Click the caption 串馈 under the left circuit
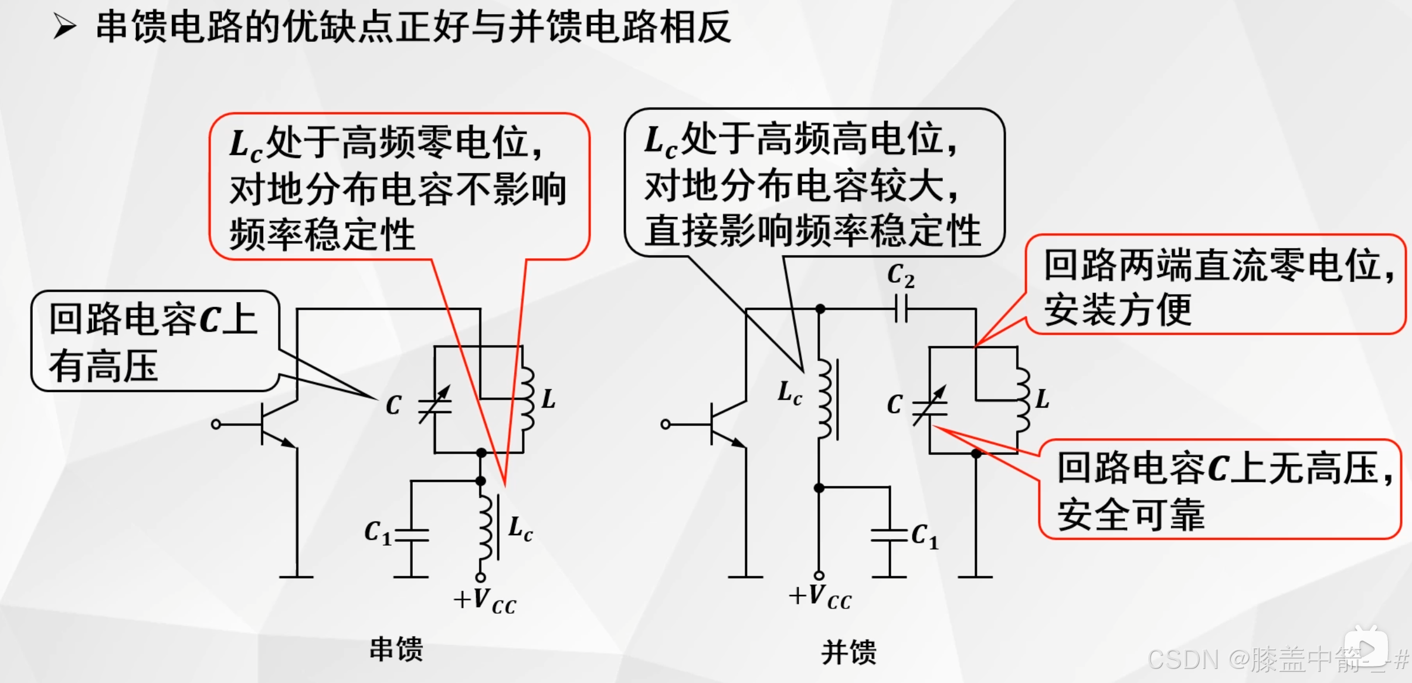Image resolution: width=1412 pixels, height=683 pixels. click(x=396, y=650)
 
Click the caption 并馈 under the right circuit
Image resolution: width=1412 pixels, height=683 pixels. click(x=848, y=652)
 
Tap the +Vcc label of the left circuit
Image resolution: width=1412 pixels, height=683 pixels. click(x=484, y=601)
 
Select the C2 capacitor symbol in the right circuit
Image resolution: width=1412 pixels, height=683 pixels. click(x=901, y=309)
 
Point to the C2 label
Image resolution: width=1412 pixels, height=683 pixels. click(x=901, y=275)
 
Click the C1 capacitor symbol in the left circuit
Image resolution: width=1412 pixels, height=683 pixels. click(x=412, y=536)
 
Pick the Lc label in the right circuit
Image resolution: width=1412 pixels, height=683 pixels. click(x=789, y=393)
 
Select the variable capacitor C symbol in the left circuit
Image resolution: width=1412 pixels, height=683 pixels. click(x=435, y=404)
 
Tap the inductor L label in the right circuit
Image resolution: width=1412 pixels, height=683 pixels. click(x=1042, y=399)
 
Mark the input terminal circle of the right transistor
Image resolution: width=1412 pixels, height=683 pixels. click(x=666, y=424)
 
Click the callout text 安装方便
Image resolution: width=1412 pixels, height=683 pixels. click(x=1118, y=309)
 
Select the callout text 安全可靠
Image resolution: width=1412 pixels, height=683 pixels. click(x=1131, y=515)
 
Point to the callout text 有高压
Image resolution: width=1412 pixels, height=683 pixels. click(x=104, y=366)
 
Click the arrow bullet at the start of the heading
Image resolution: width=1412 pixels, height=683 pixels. click(x=65, y=26)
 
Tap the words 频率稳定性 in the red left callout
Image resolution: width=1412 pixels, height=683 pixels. click(x=322, y=235)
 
